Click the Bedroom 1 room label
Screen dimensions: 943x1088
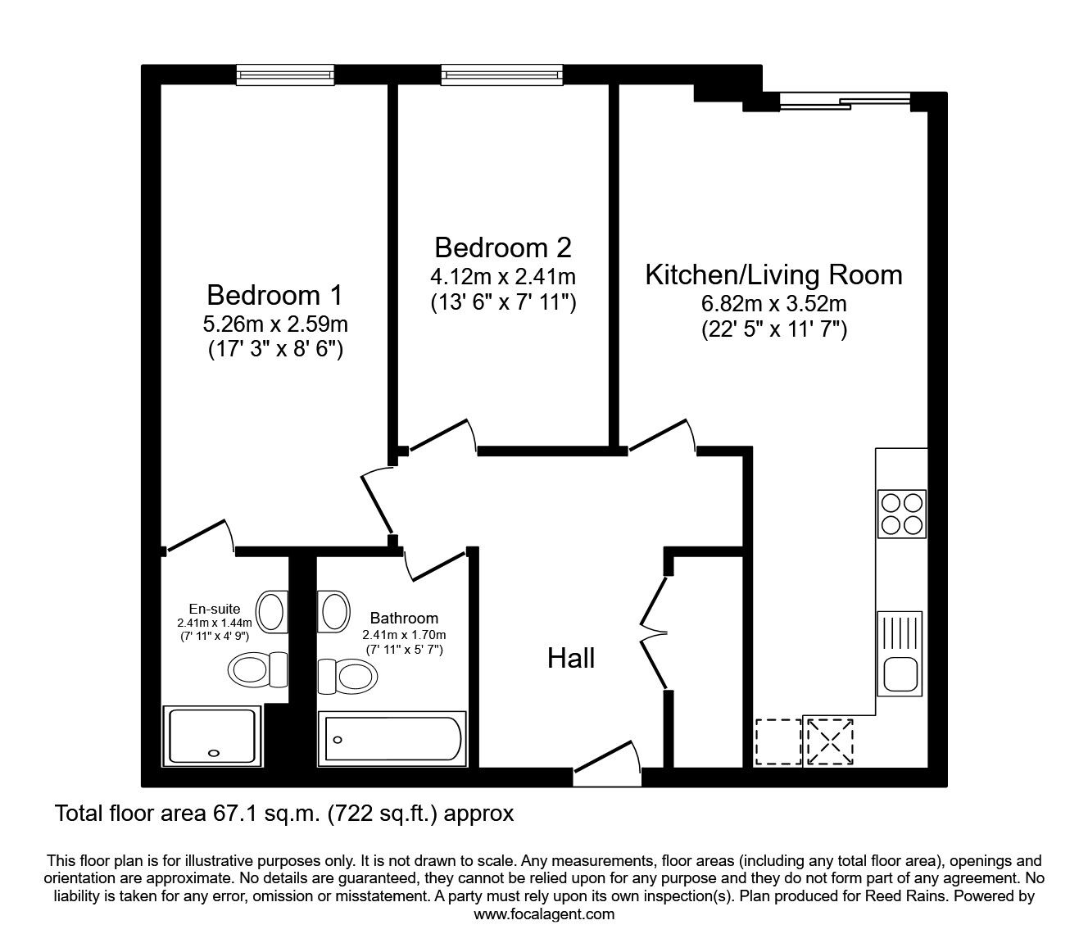coord(274,294)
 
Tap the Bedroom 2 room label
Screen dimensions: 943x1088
coord(503,247)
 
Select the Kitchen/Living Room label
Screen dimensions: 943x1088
coord(773,274)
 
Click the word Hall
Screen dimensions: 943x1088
coord(571,658)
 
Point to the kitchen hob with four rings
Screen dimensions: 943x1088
coord(901,514)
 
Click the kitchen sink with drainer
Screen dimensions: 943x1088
coord(899,652)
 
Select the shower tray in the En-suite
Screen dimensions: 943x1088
coord(212,736)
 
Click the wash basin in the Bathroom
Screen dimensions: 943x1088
coord(333,611)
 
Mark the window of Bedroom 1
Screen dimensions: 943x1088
coord(285,75)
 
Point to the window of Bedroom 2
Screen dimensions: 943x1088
coord(503,75)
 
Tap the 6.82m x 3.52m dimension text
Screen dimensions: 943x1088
coord(773,304)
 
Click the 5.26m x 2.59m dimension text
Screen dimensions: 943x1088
coord(274,324)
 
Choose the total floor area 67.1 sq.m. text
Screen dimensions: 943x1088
coord(283,814)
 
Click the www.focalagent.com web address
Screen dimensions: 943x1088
coord(544,914)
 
